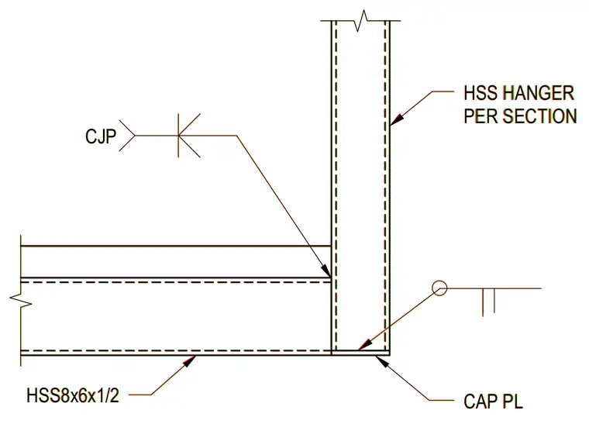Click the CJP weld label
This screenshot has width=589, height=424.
coord(101,136)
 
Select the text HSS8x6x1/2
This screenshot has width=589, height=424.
coord(73,396)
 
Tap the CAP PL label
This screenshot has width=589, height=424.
coord(493,402)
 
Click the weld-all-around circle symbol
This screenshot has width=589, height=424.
coord(439,288)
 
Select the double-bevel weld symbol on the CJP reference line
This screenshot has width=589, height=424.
coord(189,135)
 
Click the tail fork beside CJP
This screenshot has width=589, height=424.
coord(127,136)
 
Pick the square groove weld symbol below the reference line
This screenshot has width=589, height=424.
coord(488,302)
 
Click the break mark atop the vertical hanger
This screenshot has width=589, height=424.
coord(360,20)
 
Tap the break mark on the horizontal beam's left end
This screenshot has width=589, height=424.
coord(21,300)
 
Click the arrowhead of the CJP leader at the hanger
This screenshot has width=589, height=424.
coord(325,271)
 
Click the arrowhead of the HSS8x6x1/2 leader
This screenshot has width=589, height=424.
coord(189,360)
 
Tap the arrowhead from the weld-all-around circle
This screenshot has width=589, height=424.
coord(365,344)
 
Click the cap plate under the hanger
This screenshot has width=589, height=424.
coord(360,353)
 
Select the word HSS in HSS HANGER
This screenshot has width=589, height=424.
coord(480,93)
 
